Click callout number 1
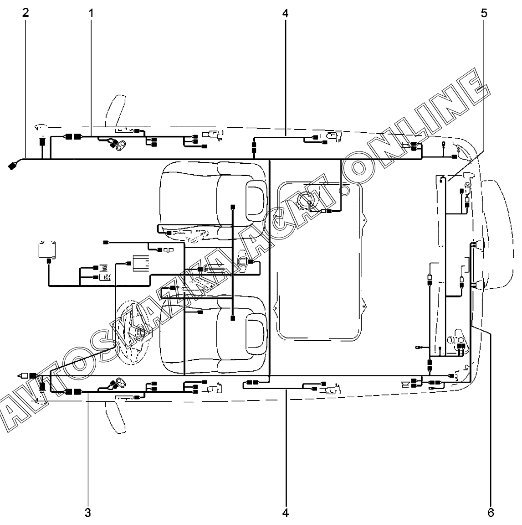[91, 13]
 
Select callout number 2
[26, 13]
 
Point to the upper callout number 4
[285, 13]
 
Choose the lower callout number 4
[285, 513]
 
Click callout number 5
[483, 13]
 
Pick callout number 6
[491, 513]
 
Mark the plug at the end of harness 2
[12, 166]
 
